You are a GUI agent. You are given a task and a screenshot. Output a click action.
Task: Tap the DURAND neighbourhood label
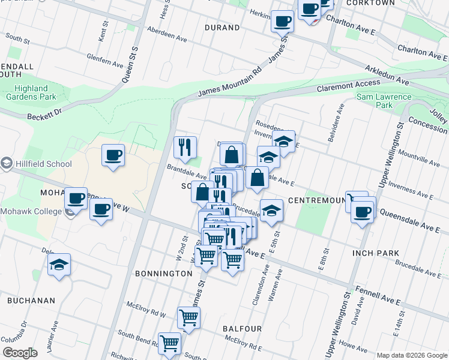click(x=222, y=28)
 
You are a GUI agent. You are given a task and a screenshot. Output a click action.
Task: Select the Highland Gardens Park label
click(x=31, y=92)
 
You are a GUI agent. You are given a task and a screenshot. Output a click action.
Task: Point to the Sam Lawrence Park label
click(x=384, y=101)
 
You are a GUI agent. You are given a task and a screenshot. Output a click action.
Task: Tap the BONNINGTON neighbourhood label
click(x=163, y=273)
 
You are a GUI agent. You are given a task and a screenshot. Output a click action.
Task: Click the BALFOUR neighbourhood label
click(x=242, y=329)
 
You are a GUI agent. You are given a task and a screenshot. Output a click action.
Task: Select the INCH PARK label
click(x=376, y=253)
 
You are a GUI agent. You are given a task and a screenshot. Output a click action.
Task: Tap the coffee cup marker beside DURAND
click(x=282, y=22)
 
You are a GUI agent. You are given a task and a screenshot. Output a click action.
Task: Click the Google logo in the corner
click(x=20, y=353)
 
